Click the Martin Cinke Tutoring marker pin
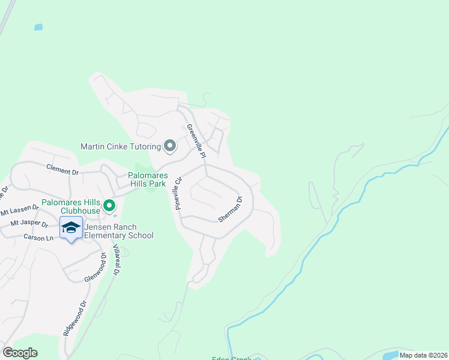pyautogui.click(x=170, y=146)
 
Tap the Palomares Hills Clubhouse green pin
pyautogui.click(x=109, y=206)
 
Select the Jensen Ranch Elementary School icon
pyautogui.click(x=71, y=228)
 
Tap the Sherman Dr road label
pyautogui.click(x=230, y=209)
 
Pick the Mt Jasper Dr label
pyautogui.click(x=29, y=224)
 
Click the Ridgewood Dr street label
pyautogui.click(x=70, y=322)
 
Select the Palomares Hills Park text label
pyautogui.click(x=147, y=180)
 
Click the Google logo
pyautogui.click(x=20, y=353)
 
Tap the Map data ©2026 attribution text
pyautogui.click(x=423, y=355)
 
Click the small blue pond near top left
pyautogui.click(x=39, y=27)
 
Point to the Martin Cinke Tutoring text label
pyautogui.click(x=121, y=146)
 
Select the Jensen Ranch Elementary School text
pyautogui.click(x=119, y=231)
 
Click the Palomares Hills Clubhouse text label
pyautogui.click(x=71, y=207)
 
